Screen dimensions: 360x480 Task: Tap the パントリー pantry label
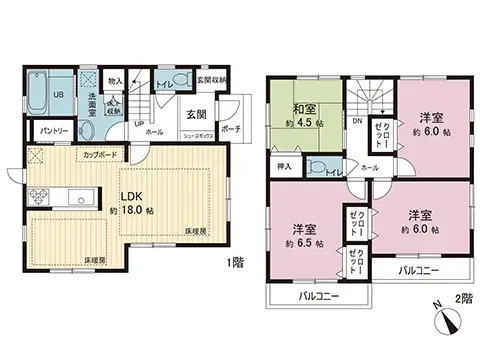pos(54,131)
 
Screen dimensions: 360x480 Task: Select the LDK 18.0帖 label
pos(136,203)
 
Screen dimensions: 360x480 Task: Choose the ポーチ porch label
pos(229,129)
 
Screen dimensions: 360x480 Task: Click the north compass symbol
pos(447,321)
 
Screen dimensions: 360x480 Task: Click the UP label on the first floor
pos(138,124)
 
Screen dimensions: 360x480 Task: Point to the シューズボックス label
pos(196,141)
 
